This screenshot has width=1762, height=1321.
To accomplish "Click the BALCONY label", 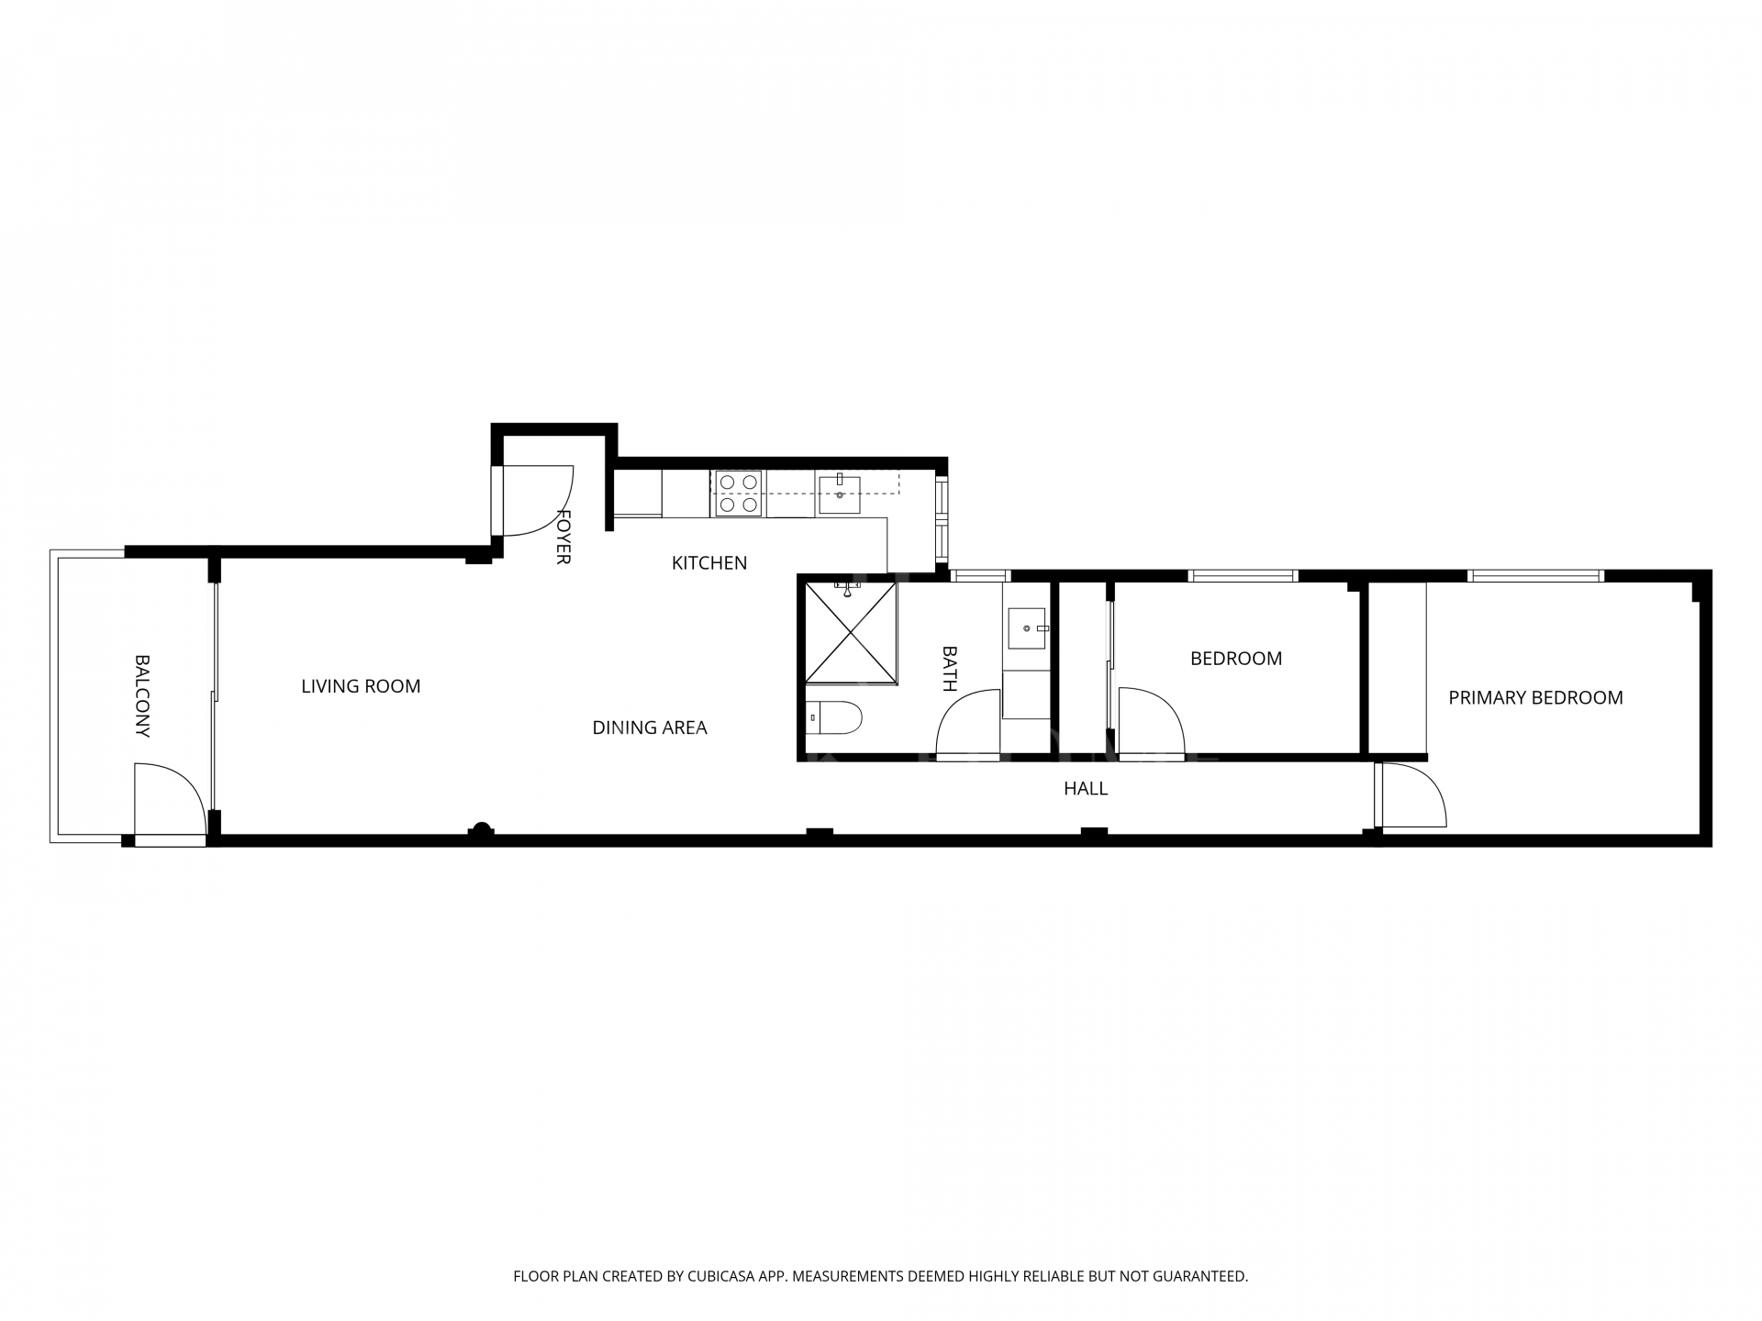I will (x=142, y=695).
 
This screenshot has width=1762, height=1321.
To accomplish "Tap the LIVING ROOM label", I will (x=361, y=686).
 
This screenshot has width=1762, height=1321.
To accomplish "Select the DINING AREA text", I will (x=649, y=727).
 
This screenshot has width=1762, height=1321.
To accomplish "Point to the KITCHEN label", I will (x=709, y=563).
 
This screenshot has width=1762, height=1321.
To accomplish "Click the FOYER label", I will (x=563, y=537).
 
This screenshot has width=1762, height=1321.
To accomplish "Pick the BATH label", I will (x=950, y=669).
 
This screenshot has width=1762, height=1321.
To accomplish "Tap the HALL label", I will (x=1086, y=788).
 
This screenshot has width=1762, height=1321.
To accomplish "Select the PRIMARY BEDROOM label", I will (x=1535, y=698).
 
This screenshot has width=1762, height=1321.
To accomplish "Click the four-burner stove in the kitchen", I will (x=739, y=494).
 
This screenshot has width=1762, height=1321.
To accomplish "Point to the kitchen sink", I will (x=839, y=494).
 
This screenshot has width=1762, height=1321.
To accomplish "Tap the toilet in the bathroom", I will (x=835, y=718).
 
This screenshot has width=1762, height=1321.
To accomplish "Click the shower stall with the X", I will (x=850, y=633).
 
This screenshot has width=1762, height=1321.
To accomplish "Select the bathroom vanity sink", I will (x=1027, y=628).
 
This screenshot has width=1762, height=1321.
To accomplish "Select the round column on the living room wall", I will (x=481, y=829).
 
